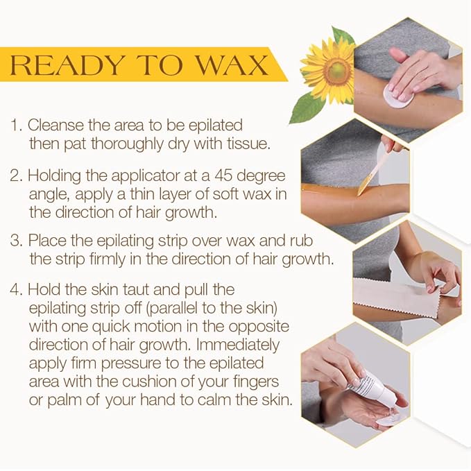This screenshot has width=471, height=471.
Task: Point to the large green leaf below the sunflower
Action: [x=306, y=107]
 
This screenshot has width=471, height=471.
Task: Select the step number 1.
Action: [x=16, y=126]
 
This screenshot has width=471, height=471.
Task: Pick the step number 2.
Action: [x=17, y=175]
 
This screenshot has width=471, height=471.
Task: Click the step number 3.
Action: [x=17, y=240]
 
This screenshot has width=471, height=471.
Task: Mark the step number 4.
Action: [x=17, y=289]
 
